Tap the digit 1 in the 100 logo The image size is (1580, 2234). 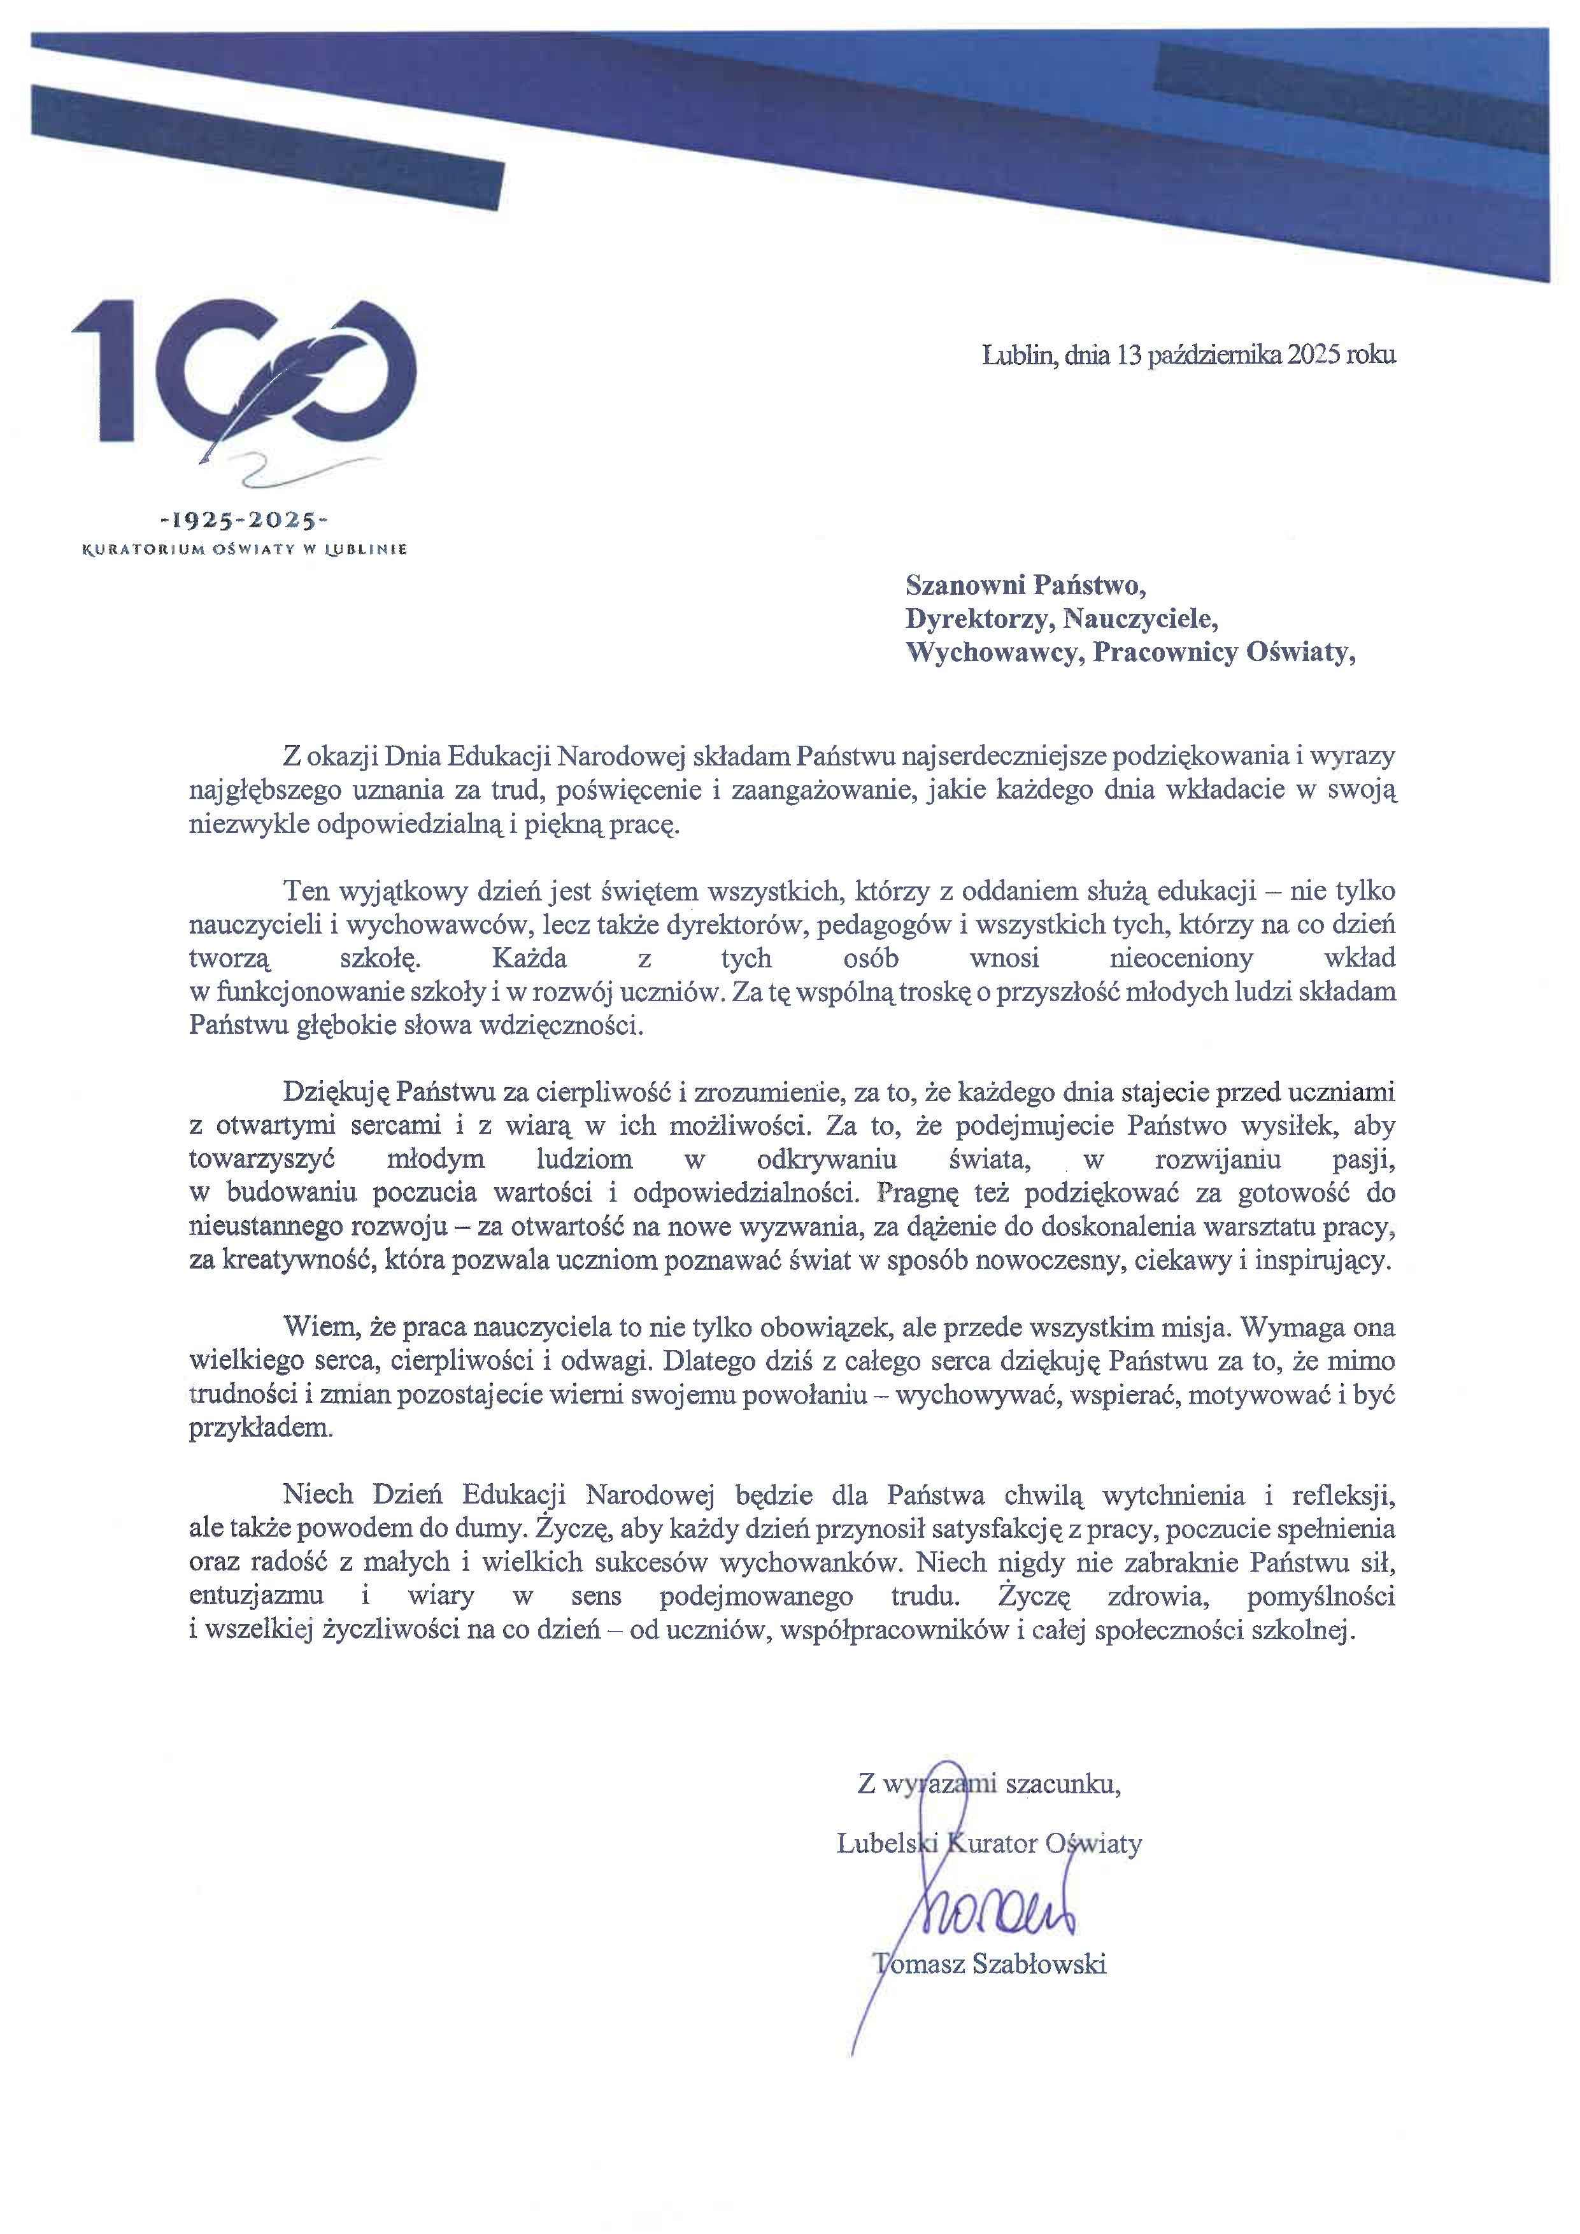[108, 370]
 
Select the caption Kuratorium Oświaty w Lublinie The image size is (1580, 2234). [243, 550]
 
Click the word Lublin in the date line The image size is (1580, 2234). [1016, 355]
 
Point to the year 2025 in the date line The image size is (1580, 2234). [1313, 355]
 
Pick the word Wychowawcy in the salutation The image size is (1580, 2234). [993, 652]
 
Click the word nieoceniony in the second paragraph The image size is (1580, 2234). [1181, 958]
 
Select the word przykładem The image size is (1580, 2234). [260, 1428]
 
